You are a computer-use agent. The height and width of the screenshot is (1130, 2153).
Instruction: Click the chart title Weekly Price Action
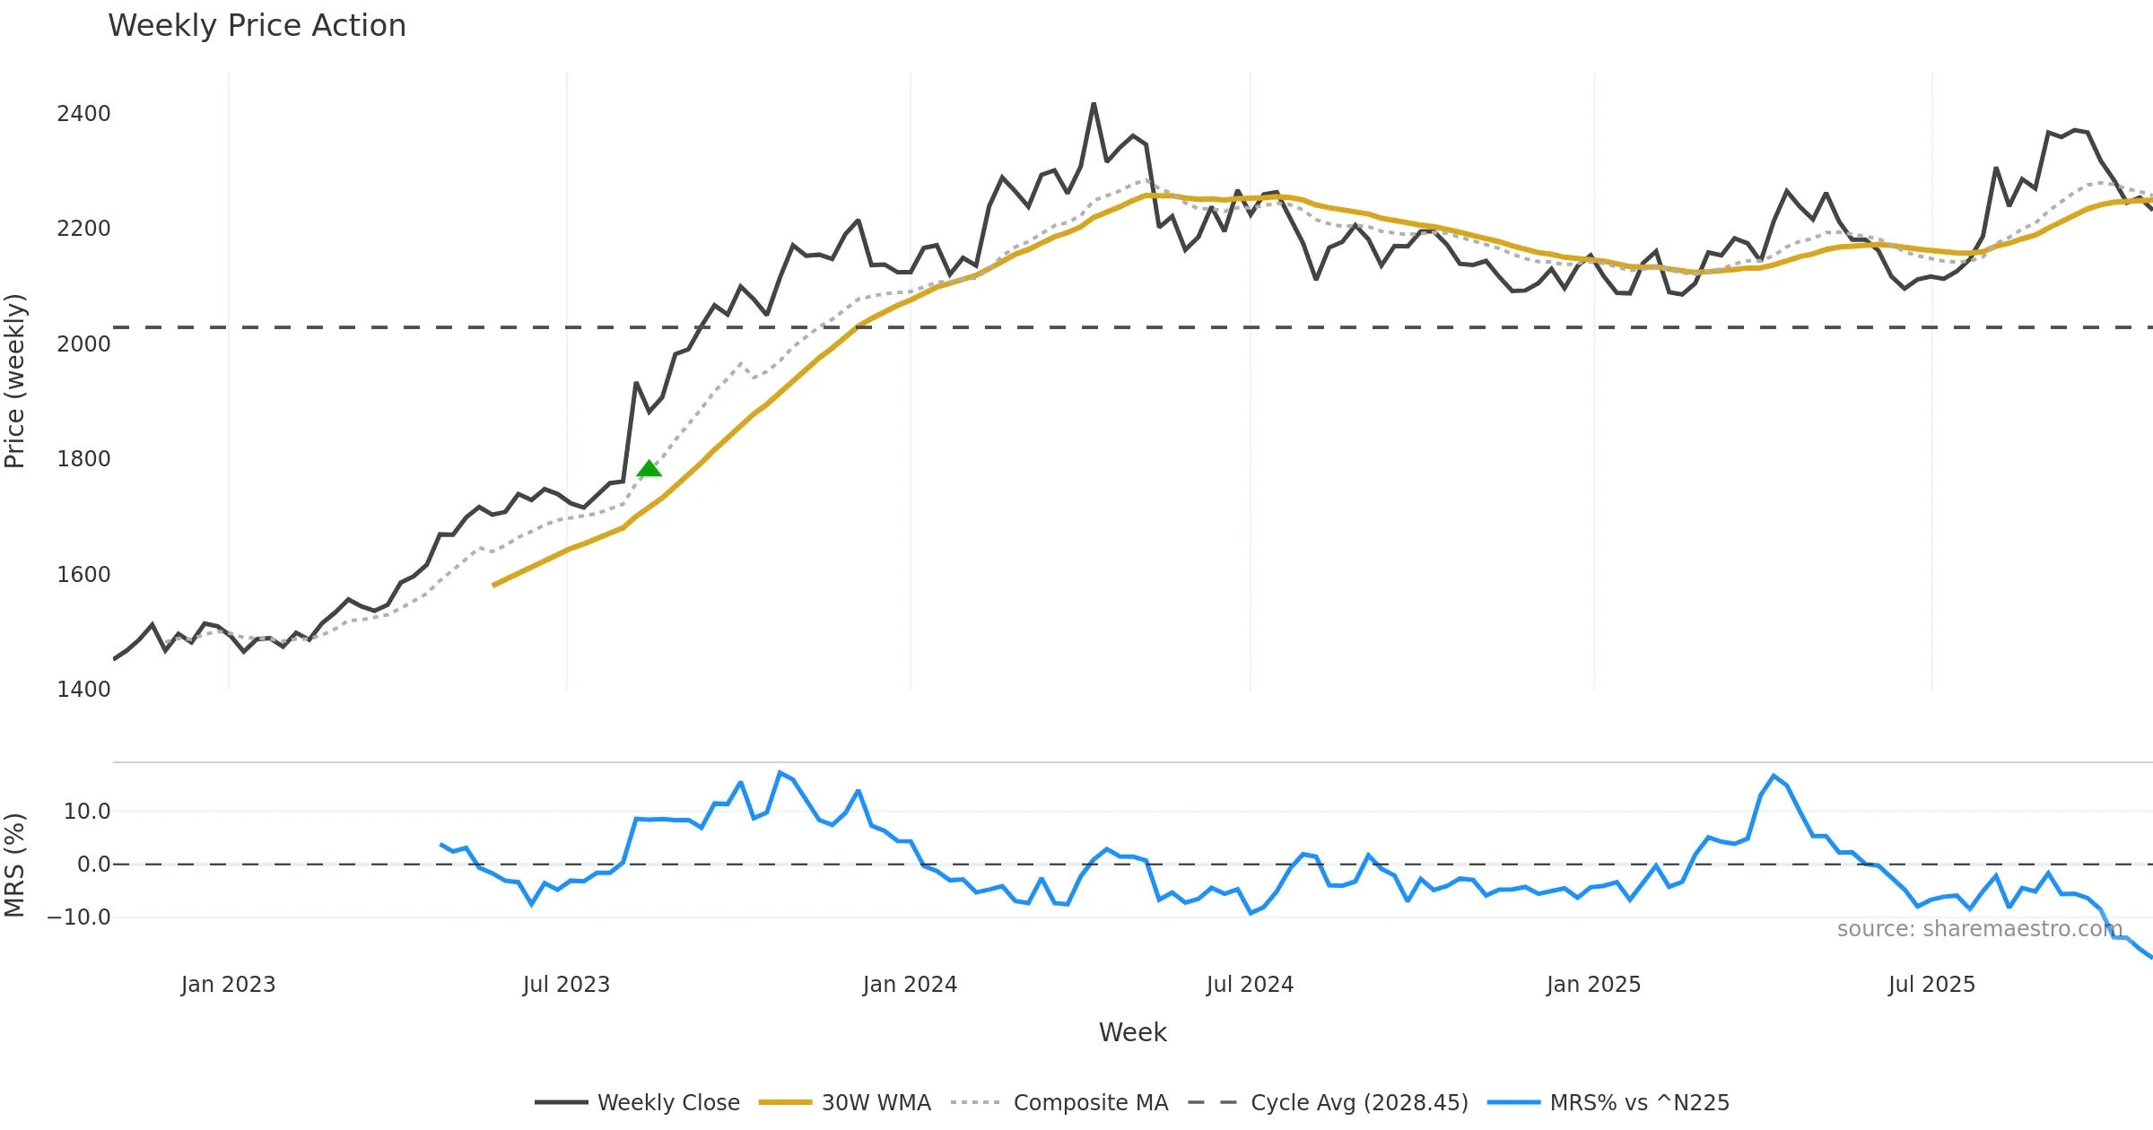click(257, 26)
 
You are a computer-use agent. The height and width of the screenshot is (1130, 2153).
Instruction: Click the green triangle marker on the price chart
click(649, 468)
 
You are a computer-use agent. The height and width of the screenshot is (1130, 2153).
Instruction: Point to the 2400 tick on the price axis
click(83, 114)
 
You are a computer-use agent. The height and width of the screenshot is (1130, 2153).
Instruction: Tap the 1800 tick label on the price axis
click(83, 459)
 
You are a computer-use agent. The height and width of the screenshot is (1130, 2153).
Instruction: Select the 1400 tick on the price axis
click(83, 690)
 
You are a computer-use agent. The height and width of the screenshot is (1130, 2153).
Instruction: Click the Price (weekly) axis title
click(15, 381)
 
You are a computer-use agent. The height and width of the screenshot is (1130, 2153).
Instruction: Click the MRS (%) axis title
click(15, 865)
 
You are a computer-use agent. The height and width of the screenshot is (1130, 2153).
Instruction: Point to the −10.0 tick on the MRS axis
click(79, 917)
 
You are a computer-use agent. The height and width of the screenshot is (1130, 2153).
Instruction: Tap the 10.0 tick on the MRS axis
click(86, 812)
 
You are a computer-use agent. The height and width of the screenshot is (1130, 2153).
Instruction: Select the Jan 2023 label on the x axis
click(228, 985)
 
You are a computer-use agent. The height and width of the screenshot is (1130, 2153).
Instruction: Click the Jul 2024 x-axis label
click(1250, 985)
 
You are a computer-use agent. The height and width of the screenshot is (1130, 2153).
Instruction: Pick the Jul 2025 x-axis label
click(1931, 985)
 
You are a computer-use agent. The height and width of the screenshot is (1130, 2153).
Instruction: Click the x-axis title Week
click(1132, 1033)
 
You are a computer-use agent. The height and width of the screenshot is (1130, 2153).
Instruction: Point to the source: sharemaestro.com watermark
click(1979, 929)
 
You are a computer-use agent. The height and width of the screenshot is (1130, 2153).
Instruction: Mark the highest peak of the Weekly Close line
click(1094, 104)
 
